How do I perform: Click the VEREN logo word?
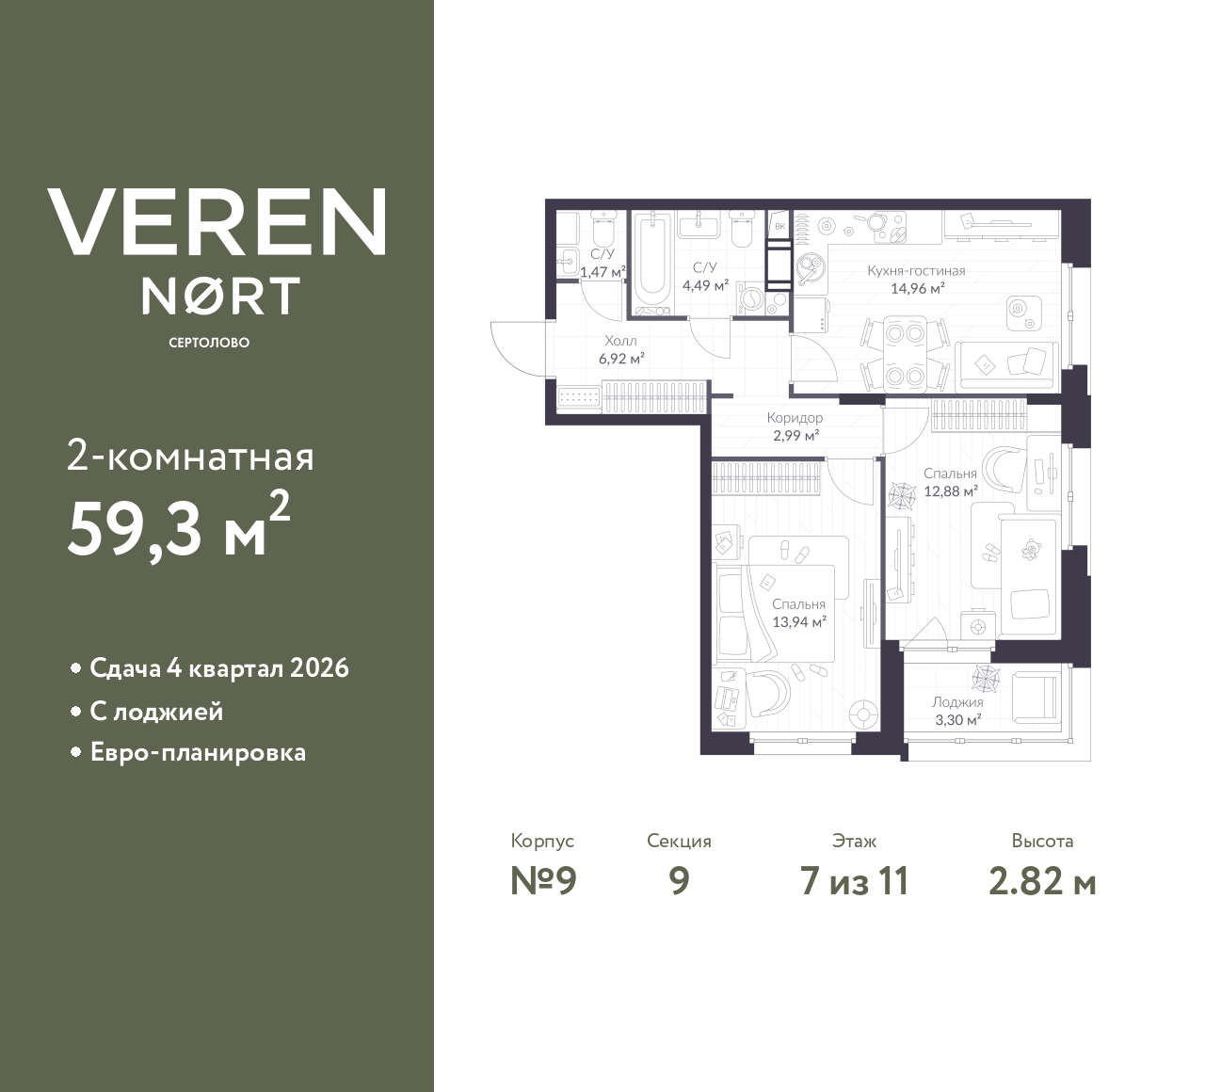[x=217, y=221]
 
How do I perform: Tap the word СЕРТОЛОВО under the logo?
[x=209, y=343]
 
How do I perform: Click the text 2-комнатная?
[x=190, y=458]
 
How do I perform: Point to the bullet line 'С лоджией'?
[x=156, y=711]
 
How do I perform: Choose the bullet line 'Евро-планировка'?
[x=198, y=753]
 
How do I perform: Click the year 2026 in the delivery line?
[x=320, y=668]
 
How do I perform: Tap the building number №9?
[x=542, y=882]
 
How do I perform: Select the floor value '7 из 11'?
[x=854, y=882]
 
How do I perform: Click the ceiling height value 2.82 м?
[x=1042, y=882]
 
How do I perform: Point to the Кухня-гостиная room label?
[x=916, y=271]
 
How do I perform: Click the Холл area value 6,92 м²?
[x=621, y=358]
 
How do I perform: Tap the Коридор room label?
[x=795, y=418]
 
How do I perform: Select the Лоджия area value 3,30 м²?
[x=957, y=719]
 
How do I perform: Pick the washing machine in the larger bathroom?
[x=752, y=298]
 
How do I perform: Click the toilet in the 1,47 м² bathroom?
[x=602, y=229]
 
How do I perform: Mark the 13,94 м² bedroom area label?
[x=798, y=621]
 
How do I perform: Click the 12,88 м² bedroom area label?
[x=950, y=490]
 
